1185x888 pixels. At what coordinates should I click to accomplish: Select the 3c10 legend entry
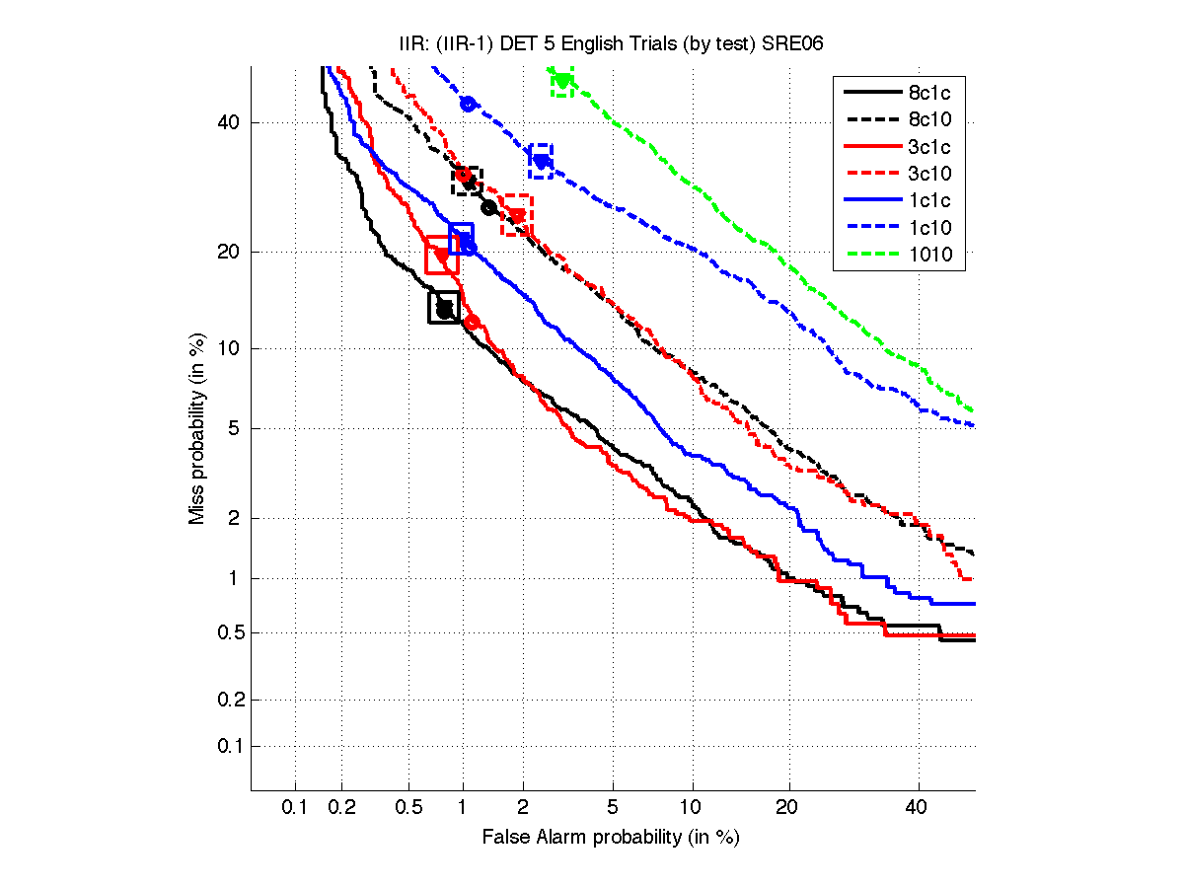click(928, 174)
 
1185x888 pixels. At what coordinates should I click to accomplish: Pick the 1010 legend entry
click(928, 255)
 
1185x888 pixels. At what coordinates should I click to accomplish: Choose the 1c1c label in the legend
click(928, 200)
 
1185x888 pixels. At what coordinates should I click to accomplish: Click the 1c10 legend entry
click(928, 228)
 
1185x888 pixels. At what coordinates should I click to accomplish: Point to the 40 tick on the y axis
click(230, 123)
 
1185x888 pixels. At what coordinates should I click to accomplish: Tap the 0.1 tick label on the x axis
click(295, 807)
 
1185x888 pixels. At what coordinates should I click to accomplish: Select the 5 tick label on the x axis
click(613, 807)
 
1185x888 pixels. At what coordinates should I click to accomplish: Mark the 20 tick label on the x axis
click(786, 807)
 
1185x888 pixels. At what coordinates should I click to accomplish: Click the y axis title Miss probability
click(197, 429)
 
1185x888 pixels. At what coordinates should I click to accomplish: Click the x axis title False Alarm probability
click(611, 837)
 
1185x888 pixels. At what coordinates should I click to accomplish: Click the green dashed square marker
click(562, 82)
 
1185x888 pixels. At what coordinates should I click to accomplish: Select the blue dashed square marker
click(541, 161)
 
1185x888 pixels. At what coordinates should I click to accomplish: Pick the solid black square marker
click(444, 307)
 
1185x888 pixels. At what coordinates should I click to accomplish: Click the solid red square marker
click(441, 256)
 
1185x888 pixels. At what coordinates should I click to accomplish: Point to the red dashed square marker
click(516, 215)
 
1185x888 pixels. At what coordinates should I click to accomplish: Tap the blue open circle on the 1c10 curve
click(469, 105)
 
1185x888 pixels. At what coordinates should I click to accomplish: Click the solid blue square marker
click(462, 239)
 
